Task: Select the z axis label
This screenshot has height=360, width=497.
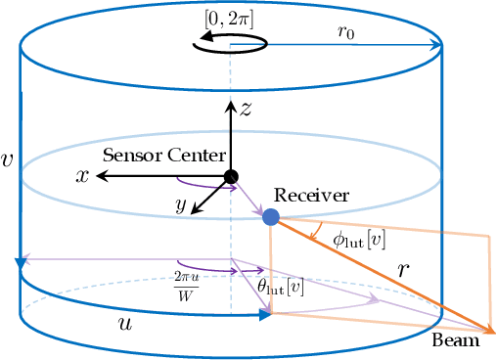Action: tap(247, 109)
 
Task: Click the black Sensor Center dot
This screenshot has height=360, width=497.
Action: tap(231, 176)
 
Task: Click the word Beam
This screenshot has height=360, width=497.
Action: tap(456, 341)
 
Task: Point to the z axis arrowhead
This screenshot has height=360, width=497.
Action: tap(231, 102)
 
